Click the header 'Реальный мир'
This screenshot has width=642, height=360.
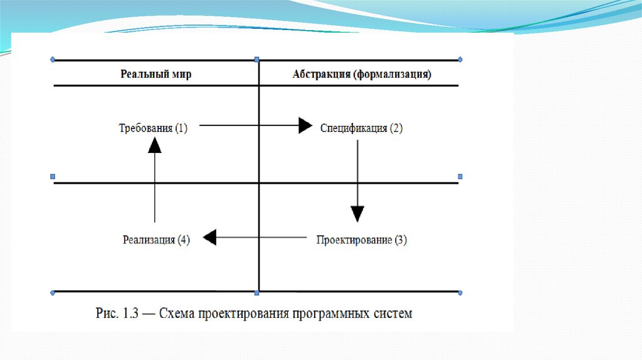pyautogui.click(x=156, y=74)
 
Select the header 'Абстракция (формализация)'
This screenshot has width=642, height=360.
pyautogui.click(x=362, y=74)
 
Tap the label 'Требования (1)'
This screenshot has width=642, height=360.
pyautogui.click(x=153, y=128)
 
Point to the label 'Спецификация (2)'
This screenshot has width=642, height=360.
pyautogui.click(x=362, y=128)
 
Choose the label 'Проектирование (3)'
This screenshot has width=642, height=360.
pyautogui.click(x=362, y=240)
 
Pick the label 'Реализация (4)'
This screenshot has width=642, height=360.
pyautogui.click(x=156, y=240)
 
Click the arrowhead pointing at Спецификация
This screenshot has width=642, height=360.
pyautogui.click(x=305, y=125)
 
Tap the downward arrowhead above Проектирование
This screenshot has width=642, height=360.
pyautogui.click(x=357, y=214)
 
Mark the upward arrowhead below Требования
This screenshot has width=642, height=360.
pyautogui.click(x=155, y=146)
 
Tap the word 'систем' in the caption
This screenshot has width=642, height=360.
pyautogui.click(x=391, y=313)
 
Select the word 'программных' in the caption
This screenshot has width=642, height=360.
pyautogui.click(x=329, y=313)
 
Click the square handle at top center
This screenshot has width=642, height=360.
pyautogui.click(x=257, y=60)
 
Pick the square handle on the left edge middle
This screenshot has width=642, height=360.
pyautogui.click(x=53, y=176)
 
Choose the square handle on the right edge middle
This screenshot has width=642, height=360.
pyautogui.click(x=460, y=176)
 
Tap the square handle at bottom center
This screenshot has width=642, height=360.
pyautogui.click(x=257, y=293)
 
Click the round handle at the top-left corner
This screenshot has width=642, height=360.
pyautogui.click(x=53, y=60)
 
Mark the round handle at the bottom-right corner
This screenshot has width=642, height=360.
pyautogui.click(x=460, y=293)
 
